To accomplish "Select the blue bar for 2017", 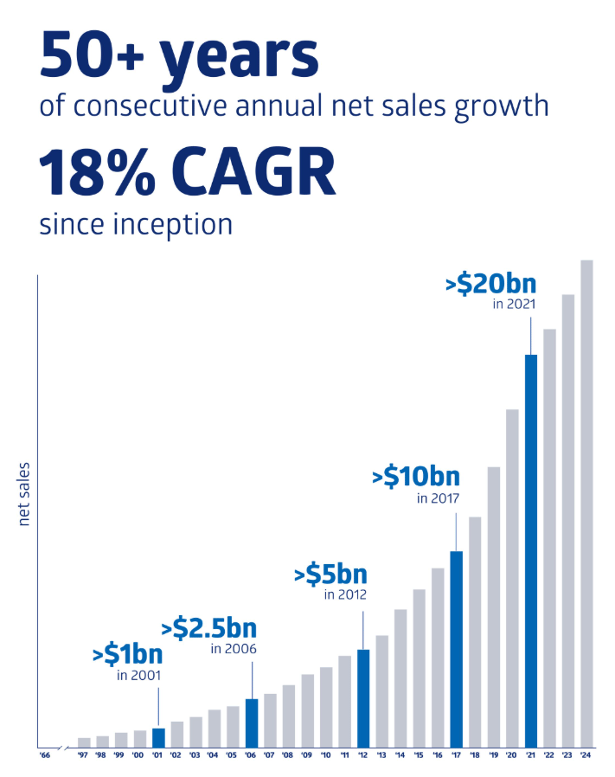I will click(x=457, y=649).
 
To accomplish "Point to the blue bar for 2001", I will click(x=158, y=737).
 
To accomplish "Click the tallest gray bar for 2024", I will click(x=586, y=503).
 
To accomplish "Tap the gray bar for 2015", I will click(x=420, y=667).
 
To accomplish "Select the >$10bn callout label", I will click(x=416, y=477).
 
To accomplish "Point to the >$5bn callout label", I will click(x=330, y=574).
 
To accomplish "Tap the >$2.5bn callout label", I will click(x=209, y=627).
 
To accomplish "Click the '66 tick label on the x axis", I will click(x=45, y=755).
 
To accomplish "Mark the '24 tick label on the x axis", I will click(x=586, y=755).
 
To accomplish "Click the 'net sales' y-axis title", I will click(x=24, y=494).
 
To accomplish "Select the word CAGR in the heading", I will click(x=247, y=172).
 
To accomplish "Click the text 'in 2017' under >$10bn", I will click(x=437, y=498).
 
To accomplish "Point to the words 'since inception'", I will click(x=136, y=224).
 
